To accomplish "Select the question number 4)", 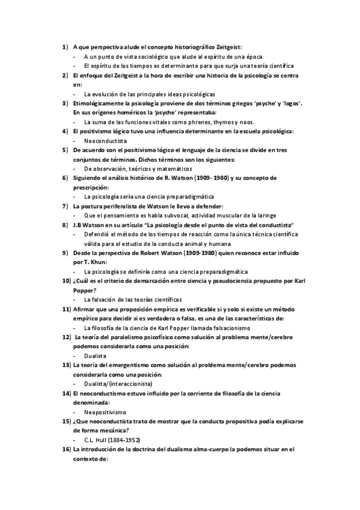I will pos(65,131).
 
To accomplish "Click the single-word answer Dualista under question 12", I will pos(96,355).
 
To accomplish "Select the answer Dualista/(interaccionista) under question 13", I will pos(118,383).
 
